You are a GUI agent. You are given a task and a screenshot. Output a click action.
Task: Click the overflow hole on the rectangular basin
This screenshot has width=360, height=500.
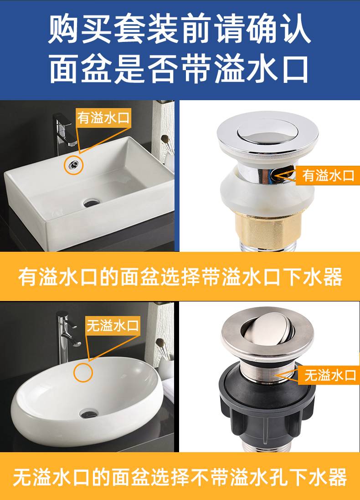click(74, 164)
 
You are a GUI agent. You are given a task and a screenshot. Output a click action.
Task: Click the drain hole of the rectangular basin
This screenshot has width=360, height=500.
click(92, 203)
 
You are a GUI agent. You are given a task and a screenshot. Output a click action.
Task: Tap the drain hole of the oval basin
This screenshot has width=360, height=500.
click(89, 414)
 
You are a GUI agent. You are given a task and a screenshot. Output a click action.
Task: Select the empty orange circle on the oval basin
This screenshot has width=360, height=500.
click(83, 372)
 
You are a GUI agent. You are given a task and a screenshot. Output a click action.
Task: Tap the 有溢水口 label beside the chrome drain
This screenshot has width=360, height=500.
click(328, 175)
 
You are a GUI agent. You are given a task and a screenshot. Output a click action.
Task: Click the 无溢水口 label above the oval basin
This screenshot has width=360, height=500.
click(113, 325)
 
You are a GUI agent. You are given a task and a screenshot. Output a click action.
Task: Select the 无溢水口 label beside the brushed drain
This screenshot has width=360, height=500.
click(329, 375)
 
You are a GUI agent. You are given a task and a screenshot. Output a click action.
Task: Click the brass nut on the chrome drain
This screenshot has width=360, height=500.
click(267, 229)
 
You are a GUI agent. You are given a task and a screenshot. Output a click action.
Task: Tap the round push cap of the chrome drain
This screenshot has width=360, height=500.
click(267, 131)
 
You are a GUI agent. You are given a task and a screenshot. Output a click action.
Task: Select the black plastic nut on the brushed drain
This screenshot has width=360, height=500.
click(267, 405)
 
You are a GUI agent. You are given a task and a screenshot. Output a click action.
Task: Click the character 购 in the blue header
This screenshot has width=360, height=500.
click(64, 29)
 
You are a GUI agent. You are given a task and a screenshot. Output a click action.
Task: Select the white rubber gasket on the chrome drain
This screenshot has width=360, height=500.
click(267, 194)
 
